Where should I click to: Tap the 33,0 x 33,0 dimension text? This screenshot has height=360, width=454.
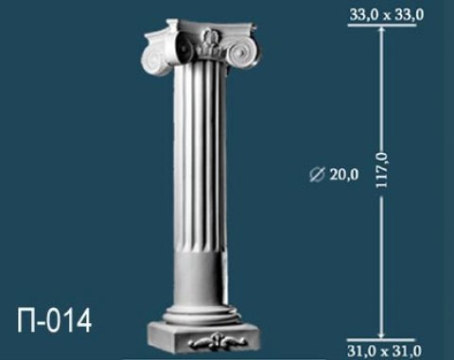[386, 15]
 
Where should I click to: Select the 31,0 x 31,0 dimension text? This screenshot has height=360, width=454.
[384, 351]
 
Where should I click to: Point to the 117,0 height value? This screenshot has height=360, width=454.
[382, 172]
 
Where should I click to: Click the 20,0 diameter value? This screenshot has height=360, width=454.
[344, 175]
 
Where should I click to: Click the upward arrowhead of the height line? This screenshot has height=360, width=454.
[382, 29]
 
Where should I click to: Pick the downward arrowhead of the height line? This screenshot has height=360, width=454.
[382, 334]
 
